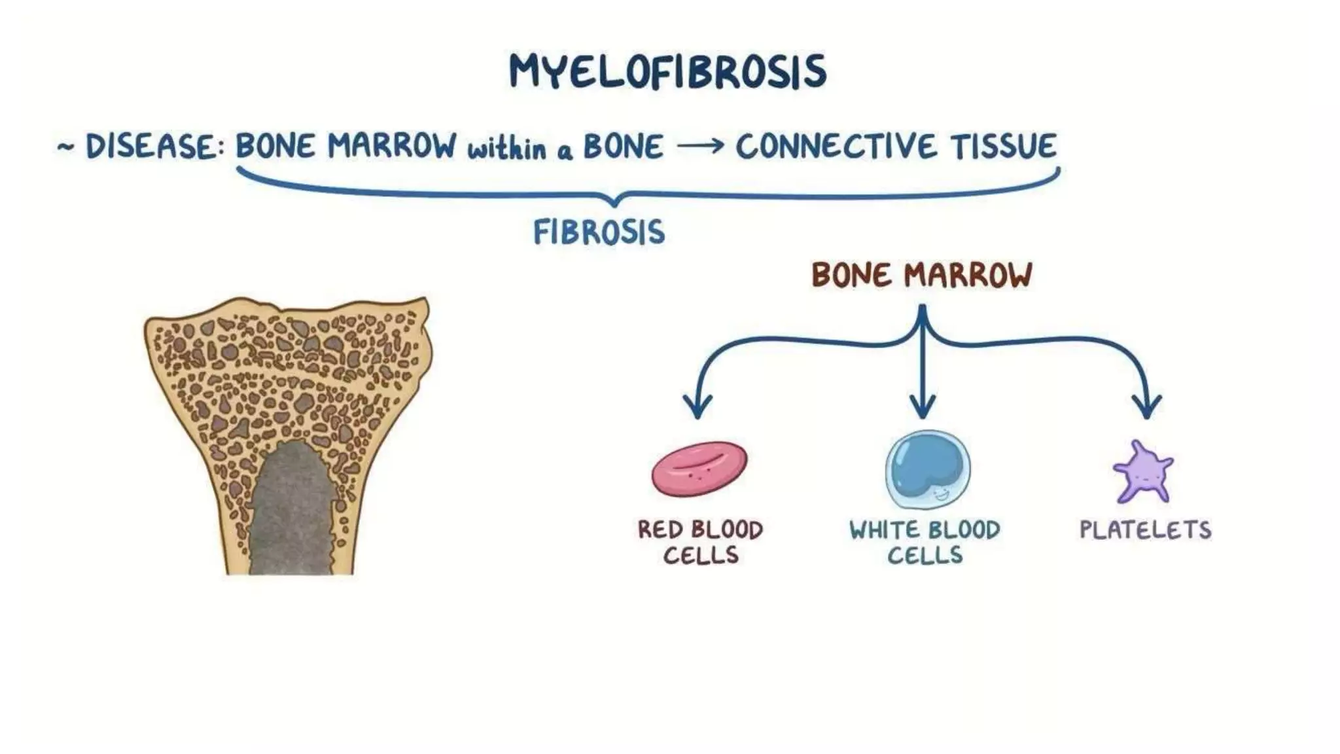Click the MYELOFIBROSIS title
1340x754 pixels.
pyautogui.click(x=667, y=72)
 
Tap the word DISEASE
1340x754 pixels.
pyautogui.click(x=152, y=147)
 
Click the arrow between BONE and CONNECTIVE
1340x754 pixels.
pyautogui.click(x=700, y=146)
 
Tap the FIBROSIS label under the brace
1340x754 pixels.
pyautogui.click(x=599, y=232)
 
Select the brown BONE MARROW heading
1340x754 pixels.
pyautogui.click(x=921, y=275)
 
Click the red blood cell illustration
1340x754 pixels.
pyautogui.click(x=699, y=469)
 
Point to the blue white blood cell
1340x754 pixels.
pyautogui.click(x=928, y=469)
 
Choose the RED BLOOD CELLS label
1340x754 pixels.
pyautogui.click(x=700, y=542)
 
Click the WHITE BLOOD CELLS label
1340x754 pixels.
pyautogui.click(x=925, y=542)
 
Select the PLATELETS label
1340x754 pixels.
pyautogui.click(x=1145, y=530)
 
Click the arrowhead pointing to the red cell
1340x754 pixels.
pyautogui.click(x=697, y=406)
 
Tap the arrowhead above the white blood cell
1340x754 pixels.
pyautogui.click(x=923, y=406)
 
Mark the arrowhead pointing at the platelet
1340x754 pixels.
pyautogui.click(x=1146, y=406)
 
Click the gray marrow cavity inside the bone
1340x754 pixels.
pyautogui.click(x=291, y=511)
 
